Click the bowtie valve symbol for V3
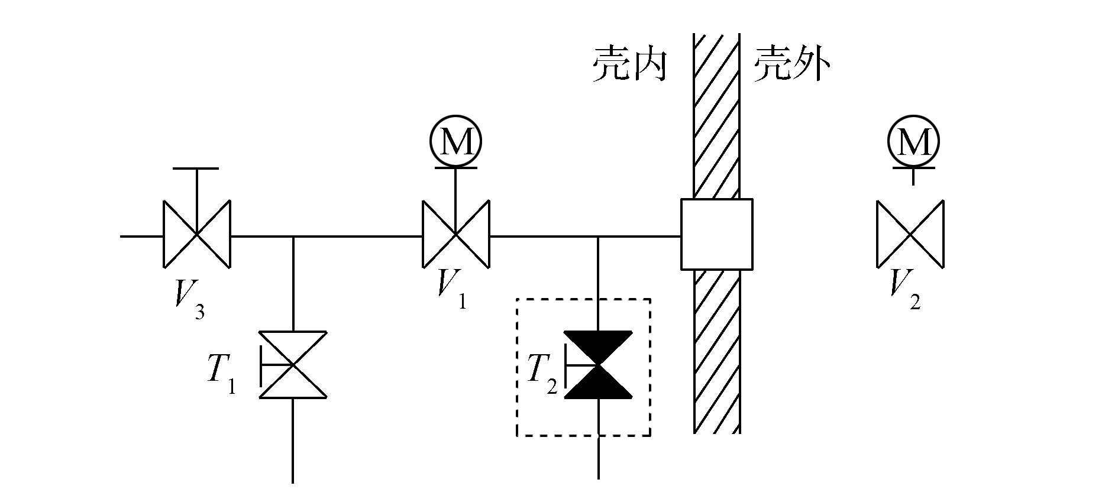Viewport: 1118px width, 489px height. point(196,235)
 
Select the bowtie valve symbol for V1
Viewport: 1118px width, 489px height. point(455,235)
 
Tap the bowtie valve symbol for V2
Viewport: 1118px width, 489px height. point(910,235)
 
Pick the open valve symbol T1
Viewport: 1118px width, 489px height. point(293,364)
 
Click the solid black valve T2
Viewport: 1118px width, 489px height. point(598,365)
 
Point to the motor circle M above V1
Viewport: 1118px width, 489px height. point(455,141)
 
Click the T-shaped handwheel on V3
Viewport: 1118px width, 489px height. point(196,170)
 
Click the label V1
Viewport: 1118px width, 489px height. point(451,289)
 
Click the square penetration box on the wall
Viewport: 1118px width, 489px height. point(716,234)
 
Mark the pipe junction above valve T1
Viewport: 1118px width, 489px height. point(293,237)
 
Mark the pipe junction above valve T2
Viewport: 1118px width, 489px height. point(598,237)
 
